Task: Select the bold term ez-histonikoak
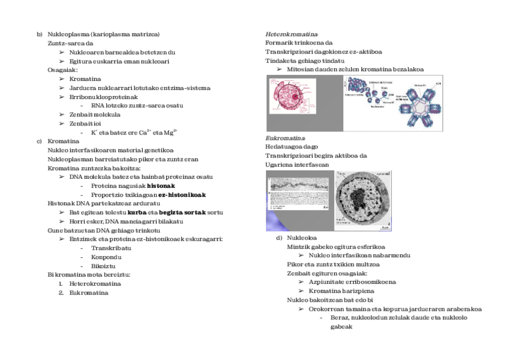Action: click(182, 195)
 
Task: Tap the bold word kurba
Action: click(137, 212)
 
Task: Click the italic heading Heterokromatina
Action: click(291, 34)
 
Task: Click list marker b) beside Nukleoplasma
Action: click(40, 34)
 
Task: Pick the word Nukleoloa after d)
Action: click(301, 238)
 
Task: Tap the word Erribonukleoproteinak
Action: click(103, 97)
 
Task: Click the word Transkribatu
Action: click(110, 248)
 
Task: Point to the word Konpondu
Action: click(106, 257)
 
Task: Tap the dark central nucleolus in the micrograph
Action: click(358, 200)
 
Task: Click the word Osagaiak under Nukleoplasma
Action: click(62, 70)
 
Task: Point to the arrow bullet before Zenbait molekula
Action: click(62, 115)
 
